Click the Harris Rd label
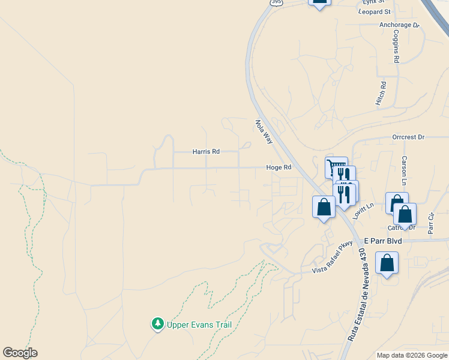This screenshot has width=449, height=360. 206,152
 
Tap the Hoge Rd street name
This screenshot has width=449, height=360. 279,168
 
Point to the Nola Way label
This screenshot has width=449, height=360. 264,131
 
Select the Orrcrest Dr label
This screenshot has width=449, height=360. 408,137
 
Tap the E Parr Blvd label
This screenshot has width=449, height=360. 382,241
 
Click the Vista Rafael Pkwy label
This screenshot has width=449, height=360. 331,262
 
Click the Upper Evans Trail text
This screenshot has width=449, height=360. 199,325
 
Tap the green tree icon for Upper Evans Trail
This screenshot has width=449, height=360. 158,324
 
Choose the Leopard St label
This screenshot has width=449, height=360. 374,11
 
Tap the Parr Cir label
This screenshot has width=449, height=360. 430,223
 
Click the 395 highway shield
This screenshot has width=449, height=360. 276,2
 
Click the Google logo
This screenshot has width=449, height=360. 20,353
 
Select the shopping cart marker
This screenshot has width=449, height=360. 336,167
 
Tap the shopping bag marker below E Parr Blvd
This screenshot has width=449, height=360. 387,263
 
